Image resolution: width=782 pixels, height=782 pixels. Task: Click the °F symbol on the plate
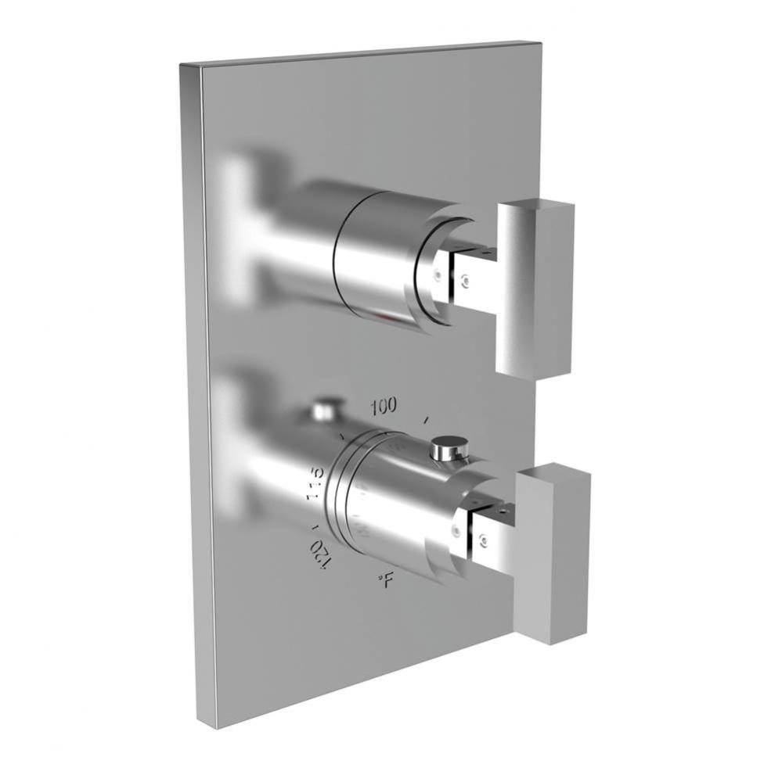click(384, 579)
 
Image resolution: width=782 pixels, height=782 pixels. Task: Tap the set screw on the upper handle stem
click(466, 277)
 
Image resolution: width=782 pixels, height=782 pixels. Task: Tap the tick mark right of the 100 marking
click(426, 421)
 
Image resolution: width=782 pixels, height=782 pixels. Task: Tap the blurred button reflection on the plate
click(323, 408)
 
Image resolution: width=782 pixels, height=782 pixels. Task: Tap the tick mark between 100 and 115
click(341, 432)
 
